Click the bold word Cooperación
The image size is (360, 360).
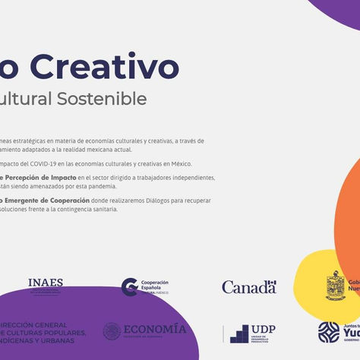pyautogui.click(x=66, y=201)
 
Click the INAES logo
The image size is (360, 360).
pyautogui.click(x=46, y=285)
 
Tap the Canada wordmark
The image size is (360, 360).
pyautogui.click(x=249, y=287)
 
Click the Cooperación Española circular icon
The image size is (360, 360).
pyautogui.click(x=130, y=286)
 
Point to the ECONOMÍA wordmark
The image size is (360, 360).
pyautogui.click(x=155, y=330)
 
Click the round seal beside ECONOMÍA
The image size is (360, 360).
pyautogui.click(x=112, y=331)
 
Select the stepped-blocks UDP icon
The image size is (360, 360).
pyautogui.click(x=240, y=333)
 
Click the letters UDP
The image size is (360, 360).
pyautogui.click(x=264, y=328)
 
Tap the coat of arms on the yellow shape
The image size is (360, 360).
pyautogui.click(x=336, y=285)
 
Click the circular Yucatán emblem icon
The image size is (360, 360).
pyautogui.click(x=329, y=332)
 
